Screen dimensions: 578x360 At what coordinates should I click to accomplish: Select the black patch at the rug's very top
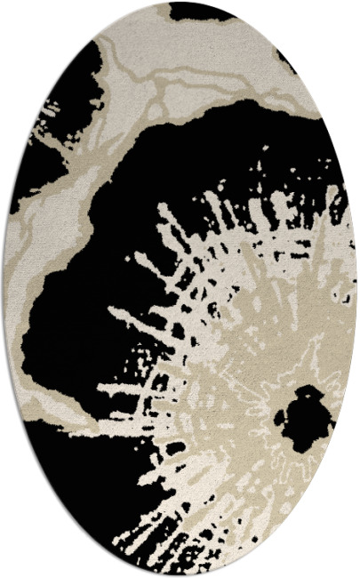coord(201,11)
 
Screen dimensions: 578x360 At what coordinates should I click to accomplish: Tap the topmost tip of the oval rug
coord(180,3)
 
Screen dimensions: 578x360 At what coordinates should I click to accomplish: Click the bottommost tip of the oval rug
coord(180,575)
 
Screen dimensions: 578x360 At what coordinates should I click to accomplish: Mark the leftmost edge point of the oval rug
coord(4,289)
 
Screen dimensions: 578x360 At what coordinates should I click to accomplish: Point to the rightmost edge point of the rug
coord(356,289)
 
